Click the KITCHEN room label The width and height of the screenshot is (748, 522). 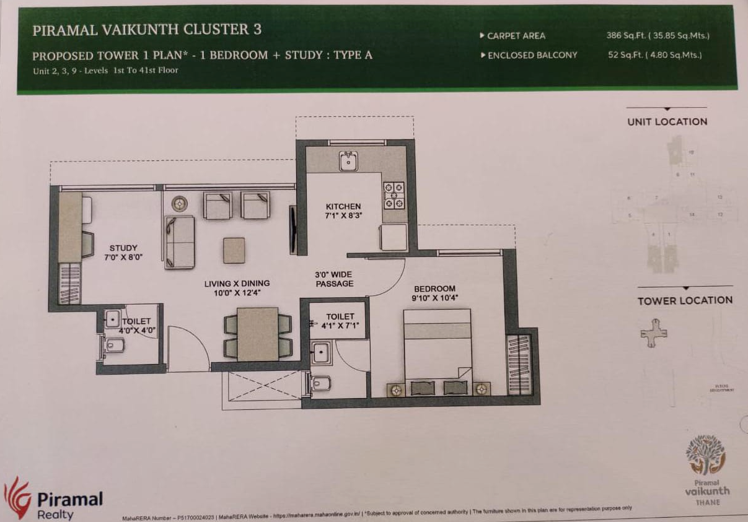click(x=343, y=206)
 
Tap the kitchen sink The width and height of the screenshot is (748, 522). click(x=348, y=162)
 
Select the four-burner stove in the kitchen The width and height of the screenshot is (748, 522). click(x=394, y=195)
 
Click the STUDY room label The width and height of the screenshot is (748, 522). click(x=123, y=248)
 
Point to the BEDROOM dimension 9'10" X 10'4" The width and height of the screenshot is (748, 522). click(x=434, y=298)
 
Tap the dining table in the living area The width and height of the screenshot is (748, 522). click(x=257, y=334)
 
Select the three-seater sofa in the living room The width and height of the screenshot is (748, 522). click(x=180, y=242)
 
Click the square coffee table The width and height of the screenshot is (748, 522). click(x=234, y=250)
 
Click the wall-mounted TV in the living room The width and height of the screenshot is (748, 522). click(x=293, y=230)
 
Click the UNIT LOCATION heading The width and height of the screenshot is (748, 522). click(x=667, y=121)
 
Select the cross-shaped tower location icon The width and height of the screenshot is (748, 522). click(x=654, y=331)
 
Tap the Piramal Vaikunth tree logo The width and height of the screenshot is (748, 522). click(x=705, y=455)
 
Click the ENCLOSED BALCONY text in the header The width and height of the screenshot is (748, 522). click(x=532, y=55)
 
